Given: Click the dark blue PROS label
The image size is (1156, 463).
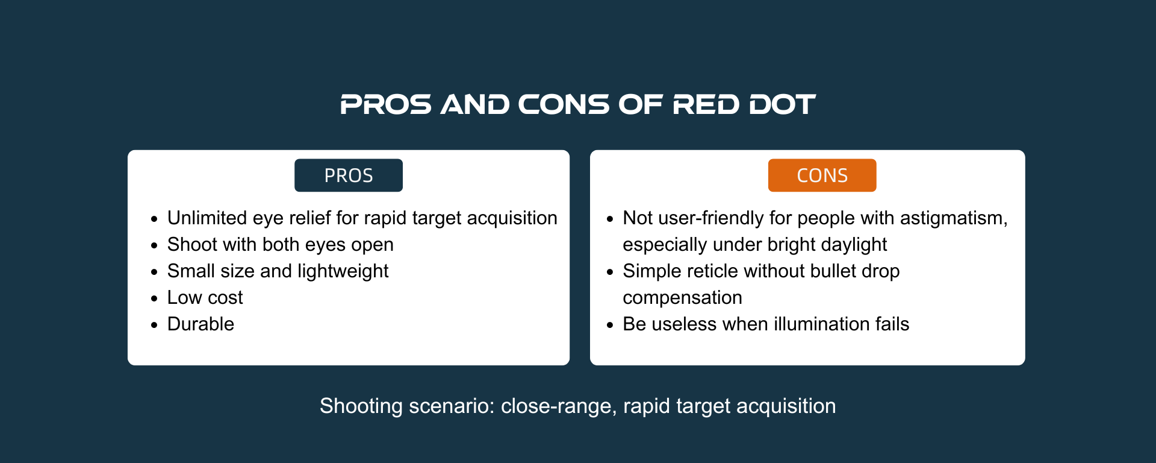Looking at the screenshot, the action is pos(349,175).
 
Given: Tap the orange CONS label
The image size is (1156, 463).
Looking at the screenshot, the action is pos(822,175).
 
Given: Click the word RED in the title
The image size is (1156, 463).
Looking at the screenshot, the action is pos(706,104).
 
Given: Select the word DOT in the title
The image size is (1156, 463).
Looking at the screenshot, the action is pos(782,104).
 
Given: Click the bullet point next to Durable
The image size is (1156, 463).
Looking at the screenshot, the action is pos(155,325).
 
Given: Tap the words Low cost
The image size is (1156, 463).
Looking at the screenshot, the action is pos(205,297).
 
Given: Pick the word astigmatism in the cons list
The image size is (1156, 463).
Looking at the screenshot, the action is pos(954,218).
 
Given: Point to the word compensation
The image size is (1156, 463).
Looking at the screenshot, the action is pos(682,298).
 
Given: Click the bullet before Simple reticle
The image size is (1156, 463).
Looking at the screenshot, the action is pos(610,272).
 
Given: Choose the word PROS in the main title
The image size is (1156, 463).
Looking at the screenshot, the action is pos(386,104).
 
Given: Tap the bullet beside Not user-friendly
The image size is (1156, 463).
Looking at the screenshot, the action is pos(610,219).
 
